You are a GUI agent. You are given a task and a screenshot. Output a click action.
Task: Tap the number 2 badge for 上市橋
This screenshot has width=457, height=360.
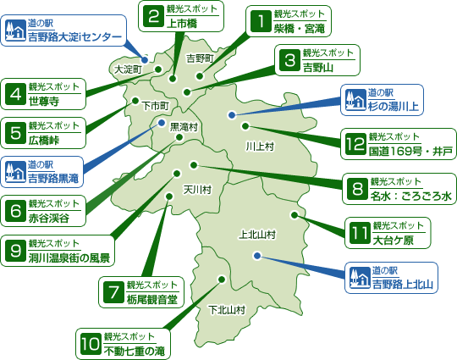click(154, 15)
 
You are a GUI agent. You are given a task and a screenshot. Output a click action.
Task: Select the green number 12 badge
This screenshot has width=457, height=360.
click(355, 145)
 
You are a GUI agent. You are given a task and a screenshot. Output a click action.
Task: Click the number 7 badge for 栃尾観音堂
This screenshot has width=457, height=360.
click(113, 291)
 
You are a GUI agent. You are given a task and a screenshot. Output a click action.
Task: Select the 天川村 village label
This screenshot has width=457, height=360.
click(197, 189)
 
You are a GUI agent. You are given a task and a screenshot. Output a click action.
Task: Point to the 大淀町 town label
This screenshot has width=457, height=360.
click(128, 69)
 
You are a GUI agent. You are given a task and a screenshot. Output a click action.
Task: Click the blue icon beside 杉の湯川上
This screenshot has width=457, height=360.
click(354, 101)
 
